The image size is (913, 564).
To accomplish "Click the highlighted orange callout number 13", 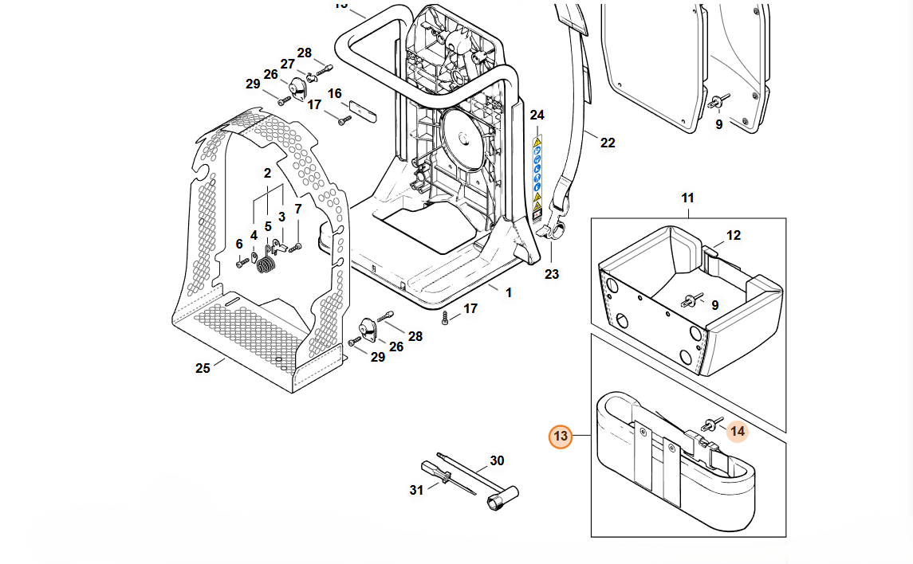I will tap(561, 436).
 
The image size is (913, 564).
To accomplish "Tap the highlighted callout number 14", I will tap(737, 431).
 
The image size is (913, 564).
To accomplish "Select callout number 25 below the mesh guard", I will tap(203, 368).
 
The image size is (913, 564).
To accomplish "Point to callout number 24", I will tap(537, 116).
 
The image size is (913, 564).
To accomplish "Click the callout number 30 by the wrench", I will tap(497, 460).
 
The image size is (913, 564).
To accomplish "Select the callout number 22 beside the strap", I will tap(608, 143).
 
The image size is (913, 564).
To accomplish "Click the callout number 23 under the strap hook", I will tap(552, 274).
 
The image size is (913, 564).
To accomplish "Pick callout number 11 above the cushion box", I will tap(687, 198).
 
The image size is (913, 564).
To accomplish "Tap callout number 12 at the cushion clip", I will tap(734, 235).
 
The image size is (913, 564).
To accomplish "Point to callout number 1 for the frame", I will tap(509, 292).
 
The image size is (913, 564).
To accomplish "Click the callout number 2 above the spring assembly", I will tap(267, 173).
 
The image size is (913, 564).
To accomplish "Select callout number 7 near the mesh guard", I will tap(298, 210).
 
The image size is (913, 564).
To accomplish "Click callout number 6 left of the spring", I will tap(238, 243).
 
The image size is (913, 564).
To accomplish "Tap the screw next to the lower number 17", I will tap(447, 319).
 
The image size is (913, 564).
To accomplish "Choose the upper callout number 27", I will tap(287, 64).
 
